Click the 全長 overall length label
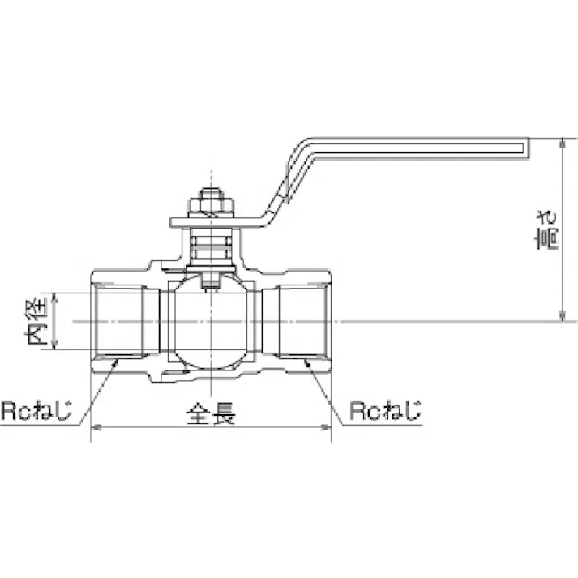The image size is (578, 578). point(211,414)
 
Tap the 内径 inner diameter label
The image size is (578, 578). point(39,322)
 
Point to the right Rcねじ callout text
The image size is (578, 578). point(385,412)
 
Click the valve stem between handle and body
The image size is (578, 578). point(211,247)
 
